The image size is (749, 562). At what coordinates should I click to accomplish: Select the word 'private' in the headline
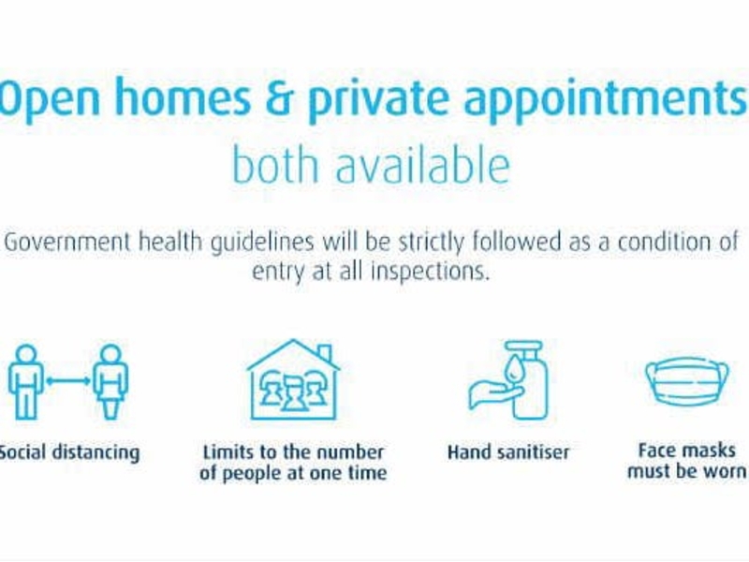pos(378,101)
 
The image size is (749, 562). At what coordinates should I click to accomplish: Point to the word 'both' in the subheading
pos(275,165)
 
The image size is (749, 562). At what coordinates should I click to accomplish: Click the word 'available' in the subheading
pos(423,165)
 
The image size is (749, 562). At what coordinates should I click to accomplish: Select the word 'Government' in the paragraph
pos(66,242)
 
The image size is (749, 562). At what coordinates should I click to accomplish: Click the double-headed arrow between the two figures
pos(67,381)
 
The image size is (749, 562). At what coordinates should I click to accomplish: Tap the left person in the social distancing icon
pos(26,382)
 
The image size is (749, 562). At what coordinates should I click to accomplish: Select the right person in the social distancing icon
pos(110,382)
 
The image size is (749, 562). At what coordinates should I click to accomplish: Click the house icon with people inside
pos(293,380)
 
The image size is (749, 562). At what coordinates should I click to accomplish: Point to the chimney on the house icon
pos(324,354)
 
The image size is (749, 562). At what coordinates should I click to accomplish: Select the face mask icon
pos(687,381)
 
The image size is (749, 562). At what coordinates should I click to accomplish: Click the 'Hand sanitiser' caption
pos(508,452)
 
